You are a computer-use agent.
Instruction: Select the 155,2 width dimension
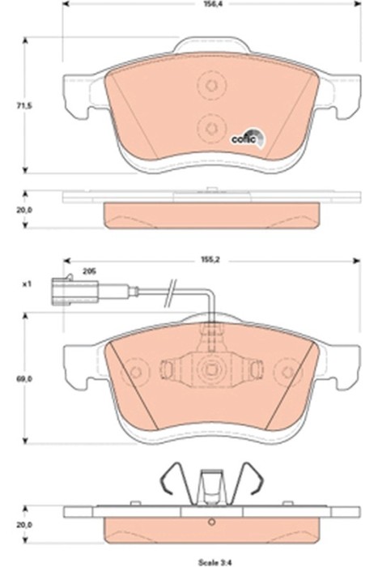(x=211, y=262)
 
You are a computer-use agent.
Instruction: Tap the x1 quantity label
(x=26, y=285)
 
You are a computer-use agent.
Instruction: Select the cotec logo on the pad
(x=247, y=138)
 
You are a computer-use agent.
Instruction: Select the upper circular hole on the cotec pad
(x=210, y=87)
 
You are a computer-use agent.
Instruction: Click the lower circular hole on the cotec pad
(x=210, y=126)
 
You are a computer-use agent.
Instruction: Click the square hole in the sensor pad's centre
(x=210, y=372)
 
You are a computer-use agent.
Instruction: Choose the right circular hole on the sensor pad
(x=284, y=372)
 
